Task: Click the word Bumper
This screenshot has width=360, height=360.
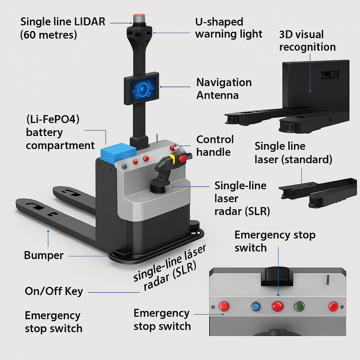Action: [x=44, y=255]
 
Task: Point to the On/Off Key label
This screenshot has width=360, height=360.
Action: [x=54, y=291]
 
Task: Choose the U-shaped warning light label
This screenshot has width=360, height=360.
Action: [x=229, y=28]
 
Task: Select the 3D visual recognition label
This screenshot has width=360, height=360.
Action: [x=307, y=41]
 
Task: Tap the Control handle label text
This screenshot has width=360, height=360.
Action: [x=215, y=146]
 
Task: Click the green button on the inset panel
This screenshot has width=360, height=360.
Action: [x=300, y=306]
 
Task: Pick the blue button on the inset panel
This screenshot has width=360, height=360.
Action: [x=256, y=307]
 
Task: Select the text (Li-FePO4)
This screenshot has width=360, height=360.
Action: [x=53, y=120]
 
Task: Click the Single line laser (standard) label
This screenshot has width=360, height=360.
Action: [x=293, y=153]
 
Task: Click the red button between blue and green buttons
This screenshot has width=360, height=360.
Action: [x=277, y=306]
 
